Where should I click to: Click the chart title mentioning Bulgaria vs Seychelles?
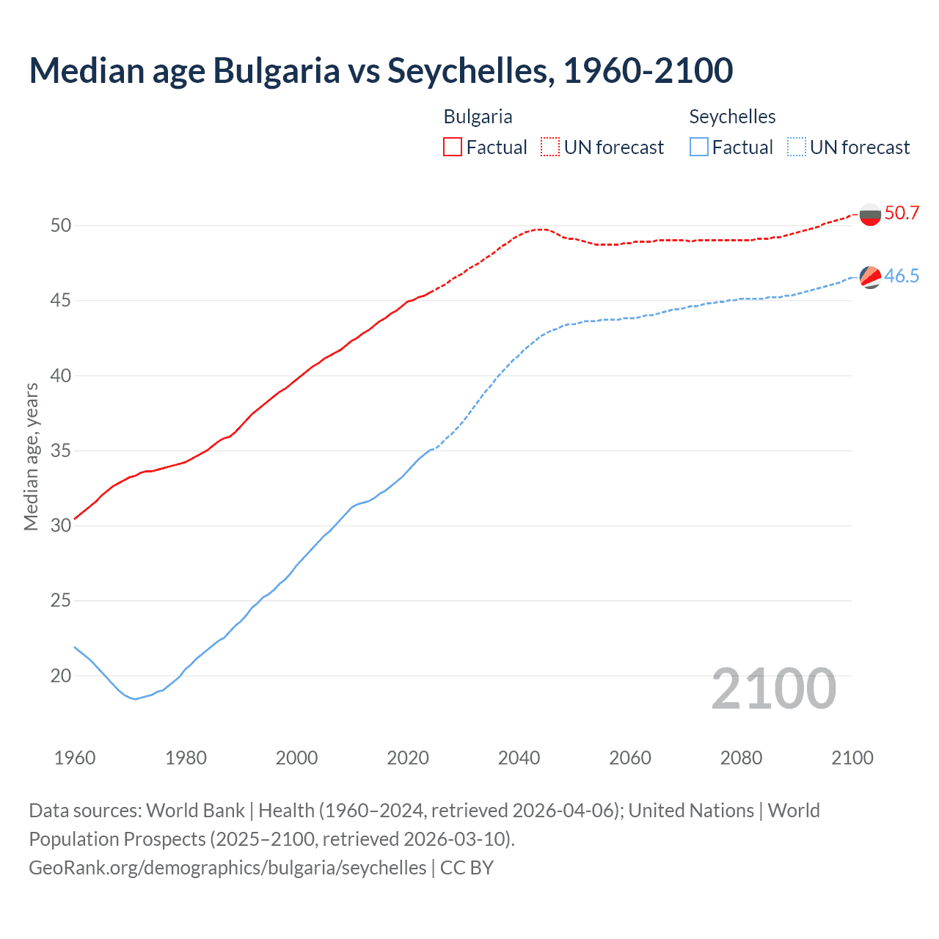[381, 70]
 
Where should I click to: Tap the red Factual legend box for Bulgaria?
[453, 147]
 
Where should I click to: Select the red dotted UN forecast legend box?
[550, 147]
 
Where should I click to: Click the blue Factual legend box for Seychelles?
[699, 147]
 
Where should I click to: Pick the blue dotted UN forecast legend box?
[796, 147]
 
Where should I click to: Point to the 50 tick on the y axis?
[61, 225]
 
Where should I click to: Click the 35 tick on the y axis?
[61, 450]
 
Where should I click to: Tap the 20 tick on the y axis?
[61, 676]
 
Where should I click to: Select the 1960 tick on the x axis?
[75, 758]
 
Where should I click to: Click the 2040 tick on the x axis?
[519, 758]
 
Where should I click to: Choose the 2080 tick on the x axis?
[741, 758]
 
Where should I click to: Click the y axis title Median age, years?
[31, 456]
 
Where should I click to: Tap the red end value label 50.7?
[902, 213]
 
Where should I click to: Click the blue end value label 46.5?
[902, 277]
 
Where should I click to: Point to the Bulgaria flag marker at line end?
[870, 215]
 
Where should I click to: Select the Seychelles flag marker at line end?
[870, 277]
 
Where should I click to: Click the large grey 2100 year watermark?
[773, 689]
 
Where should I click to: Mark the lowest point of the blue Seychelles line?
[135, 698]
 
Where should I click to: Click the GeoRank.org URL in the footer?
[227, 868]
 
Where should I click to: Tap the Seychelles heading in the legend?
[732, 117]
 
